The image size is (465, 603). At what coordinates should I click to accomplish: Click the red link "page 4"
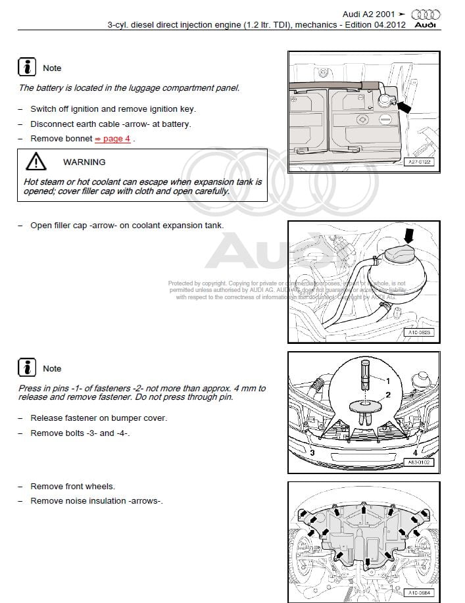click(116, 139)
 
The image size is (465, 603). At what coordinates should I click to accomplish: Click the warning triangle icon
click(36, 162)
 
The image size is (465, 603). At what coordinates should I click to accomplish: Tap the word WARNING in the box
click(84, 162)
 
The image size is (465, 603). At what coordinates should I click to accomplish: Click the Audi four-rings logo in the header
click(426, 14)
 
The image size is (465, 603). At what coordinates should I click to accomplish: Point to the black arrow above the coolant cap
click(409, 235)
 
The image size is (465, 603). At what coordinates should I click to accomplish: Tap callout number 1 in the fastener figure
click(387, 381)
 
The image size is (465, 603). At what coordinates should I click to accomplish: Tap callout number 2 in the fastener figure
click(387, 395)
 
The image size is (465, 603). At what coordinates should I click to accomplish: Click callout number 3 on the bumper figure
click(312, 452)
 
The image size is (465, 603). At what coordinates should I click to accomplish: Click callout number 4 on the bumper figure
click(415, 452)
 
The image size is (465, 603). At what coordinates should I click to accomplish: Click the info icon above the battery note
click(27, 67)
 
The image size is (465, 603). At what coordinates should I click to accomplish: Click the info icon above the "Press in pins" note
click(27, 368)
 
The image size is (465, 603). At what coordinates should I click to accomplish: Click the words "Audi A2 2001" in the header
click(370, 14)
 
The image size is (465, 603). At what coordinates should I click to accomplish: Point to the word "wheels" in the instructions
click(100, 487)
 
